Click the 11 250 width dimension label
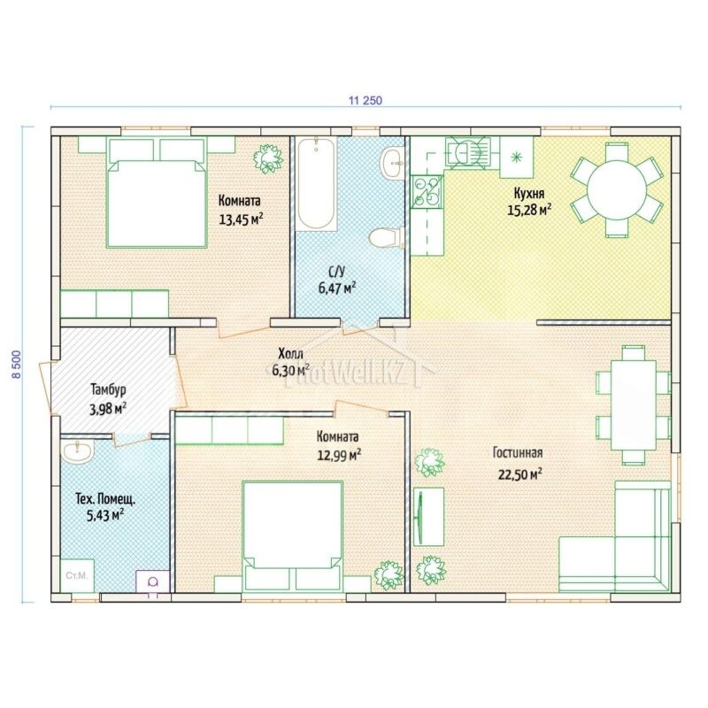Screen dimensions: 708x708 365,100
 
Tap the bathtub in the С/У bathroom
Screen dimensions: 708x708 317,184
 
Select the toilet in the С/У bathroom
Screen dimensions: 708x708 386,237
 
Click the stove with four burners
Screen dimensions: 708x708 427,192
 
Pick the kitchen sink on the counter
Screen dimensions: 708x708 467,152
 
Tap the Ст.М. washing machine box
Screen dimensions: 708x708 77,576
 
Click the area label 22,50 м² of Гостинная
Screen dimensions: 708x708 519,474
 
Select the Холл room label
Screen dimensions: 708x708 291,352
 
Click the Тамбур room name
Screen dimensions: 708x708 108,389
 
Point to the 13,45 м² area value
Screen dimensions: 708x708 241,219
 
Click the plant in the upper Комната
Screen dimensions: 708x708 268,158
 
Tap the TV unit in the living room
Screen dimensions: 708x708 428,517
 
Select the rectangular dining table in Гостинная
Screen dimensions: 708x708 634,404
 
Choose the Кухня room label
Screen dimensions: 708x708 529,193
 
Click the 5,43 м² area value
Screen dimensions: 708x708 105,515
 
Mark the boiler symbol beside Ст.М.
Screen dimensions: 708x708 153,581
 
